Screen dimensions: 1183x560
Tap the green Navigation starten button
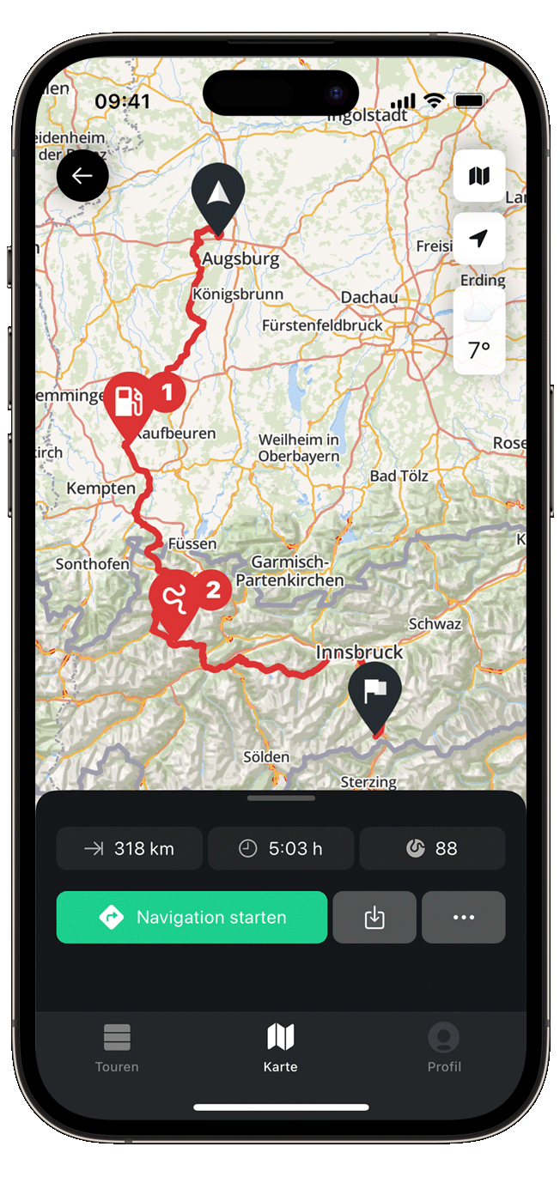192,917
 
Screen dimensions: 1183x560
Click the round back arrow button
82,176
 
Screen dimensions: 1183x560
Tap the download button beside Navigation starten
374,917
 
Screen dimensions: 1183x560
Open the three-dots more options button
464,917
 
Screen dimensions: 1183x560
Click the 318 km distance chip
130,848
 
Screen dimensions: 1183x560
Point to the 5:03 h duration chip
281,848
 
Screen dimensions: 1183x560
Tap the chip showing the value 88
432,848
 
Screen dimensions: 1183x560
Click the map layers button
479,176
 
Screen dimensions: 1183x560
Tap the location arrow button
479,238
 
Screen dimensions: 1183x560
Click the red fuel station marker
128,398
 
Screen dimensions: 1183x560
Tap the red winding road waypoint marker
173,598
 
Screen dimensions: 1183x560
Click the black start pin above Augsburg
218,191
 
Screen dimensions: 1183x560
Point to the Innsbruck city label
359,652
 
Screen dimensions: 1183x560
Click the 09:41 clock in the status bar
122,101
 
